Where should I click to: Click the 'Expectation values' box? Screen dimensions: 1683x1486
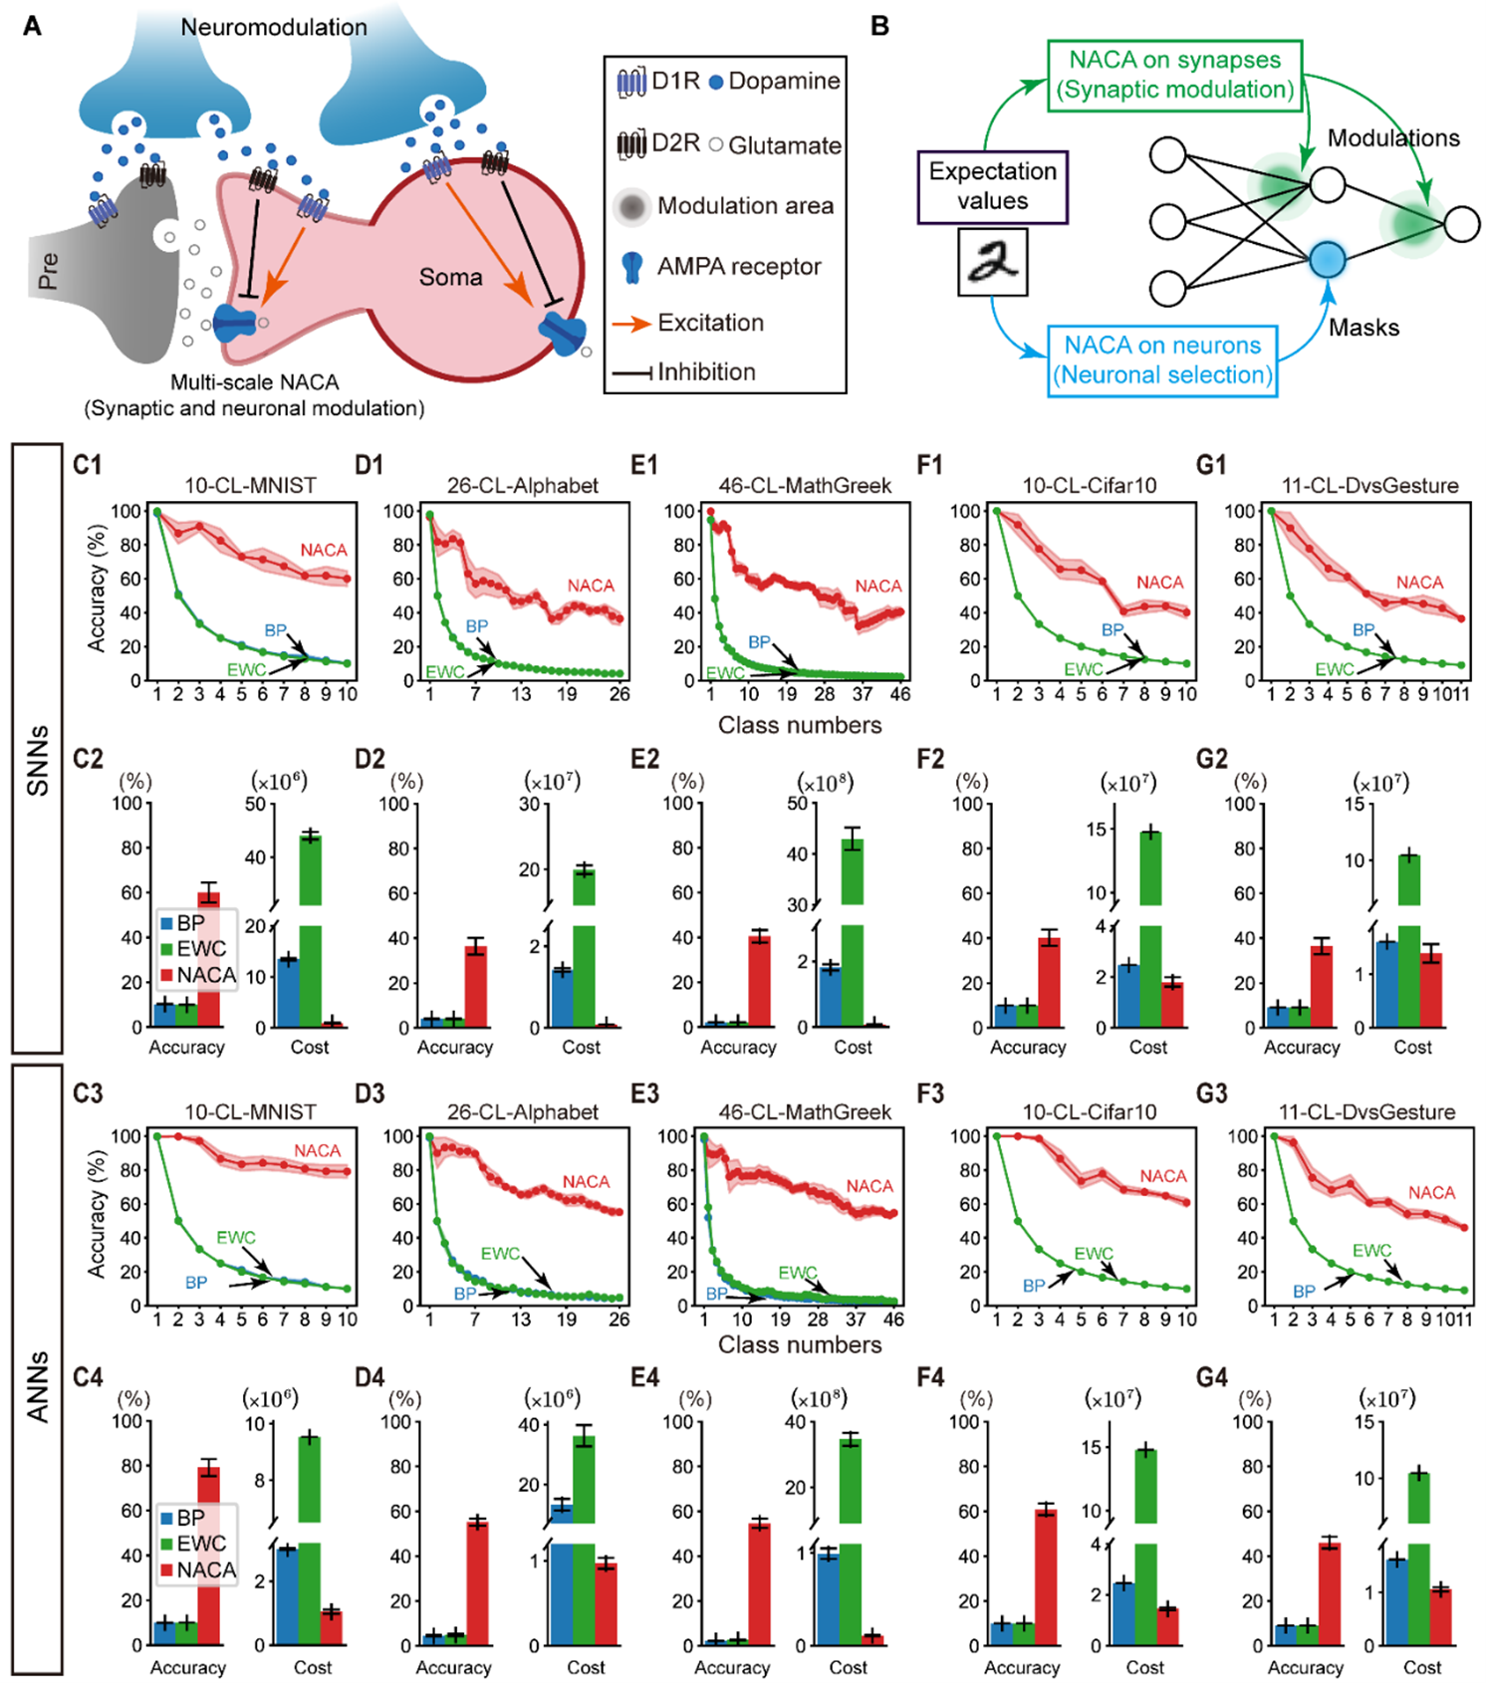[x=992, y=186]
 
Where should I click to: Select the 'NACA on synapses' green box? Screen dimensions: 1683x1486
[x=1175, y=75]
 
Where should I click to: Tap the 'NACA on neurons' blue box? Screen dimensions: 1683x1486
[x=1162, y=361]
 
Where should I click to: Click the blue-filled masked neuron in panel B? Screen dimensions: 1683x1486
[x=1327, y=260]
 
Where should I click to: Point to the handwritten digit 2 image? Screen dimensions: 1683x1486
[x=992, y=262]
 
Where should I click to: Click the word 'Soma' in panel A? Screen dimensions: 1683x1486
[x=450, y=277]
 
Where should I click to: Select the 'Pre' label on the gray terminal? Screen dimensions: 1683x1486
[x=48, y=271]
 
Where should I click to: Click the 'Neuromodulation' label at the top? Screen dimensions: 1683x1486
[x=274, y=27]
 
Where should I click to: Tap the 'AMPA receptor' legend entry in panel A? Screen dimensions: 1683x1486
[x=738, y=266]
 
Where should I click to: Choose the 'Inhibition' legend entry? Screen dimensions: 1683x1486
[x=706, y=371]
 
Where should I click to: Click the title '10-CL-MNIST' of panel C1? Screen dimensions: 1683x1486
[x=250, y=485]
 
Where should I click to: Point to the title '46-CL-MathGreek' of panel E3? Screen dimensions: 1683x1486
[x=805, y=1111]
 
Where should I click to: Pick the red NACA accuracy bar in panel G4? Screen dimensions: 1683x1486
[x=1329, y=1593]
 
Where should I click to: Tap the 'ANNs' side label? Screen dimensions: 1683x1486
[x=37, y=1385]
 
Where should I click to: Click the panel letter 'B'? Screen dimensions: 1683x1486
[x=879, y=26]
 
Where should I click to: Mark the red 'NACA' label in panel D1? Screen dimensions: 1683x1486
[x=591, y=586]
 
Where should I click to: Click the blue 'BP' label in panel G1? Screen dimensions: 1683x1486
[x=1362, y=629]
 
